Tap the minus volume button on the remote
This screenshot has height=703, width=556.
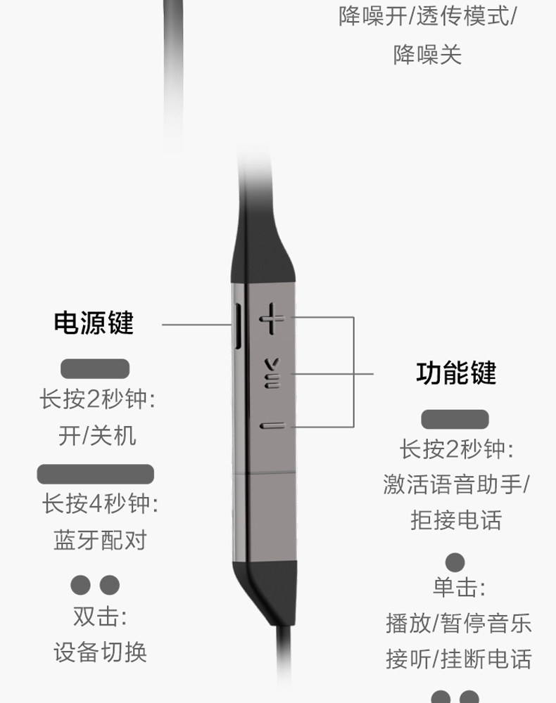pos(271,425)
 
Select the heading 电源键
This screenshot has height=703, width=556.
pos(94,323)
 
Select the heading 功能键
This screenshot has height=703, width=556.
pos(456,373)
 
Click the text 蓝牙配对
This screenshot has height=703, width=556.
pos(100,540)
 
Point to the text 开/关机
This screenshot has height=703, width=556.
pos(97,436)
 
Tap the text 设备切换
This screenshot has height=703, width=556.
pos(100,652)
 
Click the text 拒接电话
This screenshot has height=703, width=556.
pos(456,520)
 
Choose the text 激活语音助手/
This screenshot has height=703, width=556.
pos(456,484)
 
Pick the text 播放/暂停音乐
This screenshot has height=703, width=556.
pos(458,623)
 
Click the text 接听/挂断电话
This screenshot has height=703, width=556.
pos(458,659)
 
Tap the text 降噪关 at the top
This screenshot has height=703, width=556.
pos(427,55)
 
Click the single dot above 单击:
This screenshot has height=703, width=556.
pos(455,562)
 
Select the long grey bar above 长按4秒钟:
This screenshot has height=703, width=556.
pos(95,474)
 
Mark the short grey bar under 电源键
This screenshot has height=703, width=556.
pos(95,368)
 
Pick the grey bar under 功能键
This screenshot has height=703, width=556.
pos(455,419)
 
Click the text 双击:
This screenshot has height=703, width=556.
pos(100,617)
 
